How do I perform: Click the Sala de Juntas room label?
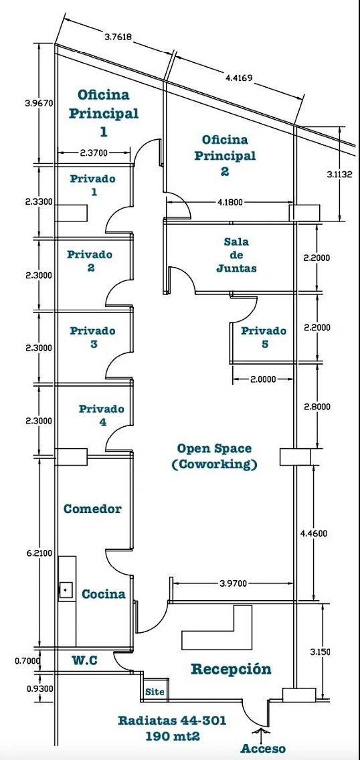click(x=236, y=254)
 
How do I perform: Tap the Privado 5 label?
click(x=264, y=337)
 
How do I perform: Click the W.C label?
click(x=85, y=660)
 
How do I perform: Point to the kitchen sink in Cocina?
click(x=66, y=590)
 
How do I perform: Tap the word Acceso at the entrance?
click(x=263, y=749)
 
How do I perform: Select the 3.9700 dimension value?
click(x=233, y=583)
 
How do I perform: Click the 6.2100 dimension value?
click(x=40, y=553)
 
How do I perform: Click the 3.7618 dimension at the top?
click(x=119, y=36)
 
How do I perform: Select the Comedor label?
click(x=92, y=509)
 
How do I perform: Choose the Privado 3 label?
click(x=92, y=337)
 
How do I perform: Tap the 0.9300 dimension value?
click(x=40, y=688)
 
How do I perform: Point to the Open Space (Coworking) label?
click(x=214, y=456)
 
